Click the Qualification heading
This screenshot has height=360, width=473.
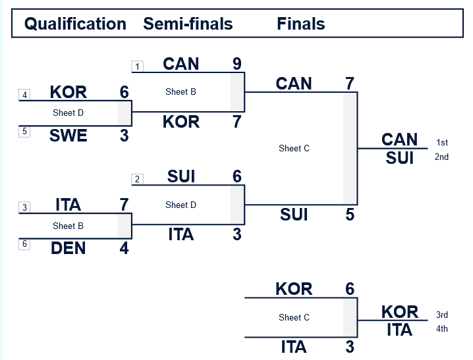pos(75,24)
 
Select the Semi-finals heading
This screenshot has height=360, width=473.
pos(188,24)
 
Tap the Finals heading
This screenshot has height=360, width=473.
pos(301,24)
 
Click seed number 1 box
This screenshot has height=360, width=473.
pos(137,66)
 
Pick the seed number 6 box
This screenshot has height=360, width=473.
pos(24,244)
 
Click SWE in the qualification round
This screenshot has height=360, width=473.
pos(69,136)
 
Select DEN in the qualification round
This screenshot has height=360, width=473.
pos(69,249)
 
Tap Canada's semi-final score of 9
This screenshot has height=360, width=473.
pos(237,64)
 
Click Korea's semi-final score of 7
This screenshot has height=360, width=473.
pos(237,122)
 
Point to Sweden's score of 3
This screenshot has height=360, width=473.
pos(124,136)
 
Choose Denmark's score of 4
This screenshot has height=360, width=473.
pos(124,249)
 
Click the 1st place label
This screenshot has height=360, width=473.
pos(442,143)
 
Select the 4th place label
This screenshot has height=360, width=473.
pos(442,329)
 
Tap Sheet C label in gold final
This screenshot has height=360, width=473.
pos(294,149)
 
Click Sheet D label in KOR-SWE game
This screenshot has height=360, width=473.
pos(69,113)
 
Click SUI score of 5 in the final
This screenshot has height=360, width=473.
pos(350,215)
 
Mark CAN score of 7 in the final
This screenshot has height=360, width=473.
pos(350,84)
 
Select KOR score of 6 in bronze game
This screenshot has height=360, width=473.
pos(350,289)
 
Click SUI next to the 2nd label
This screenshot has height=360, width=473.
pos(400,158)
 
